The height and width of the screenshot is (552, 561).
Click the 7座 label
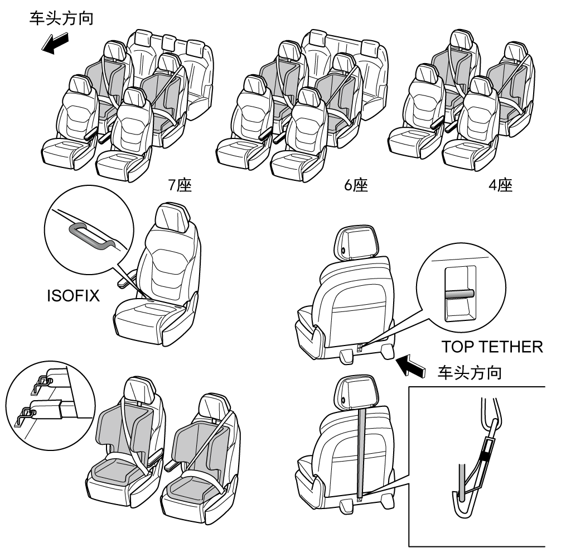click(181, 185)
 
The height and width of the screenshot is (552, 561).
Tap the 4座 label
click(501, 185)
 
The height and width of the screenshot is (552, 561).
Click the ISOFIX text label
click(72, 296)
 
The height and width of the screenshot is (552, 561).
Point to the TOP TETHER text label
click(492, 347)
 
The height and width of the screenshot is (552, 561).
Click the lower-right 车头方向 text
click(471, 373)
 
